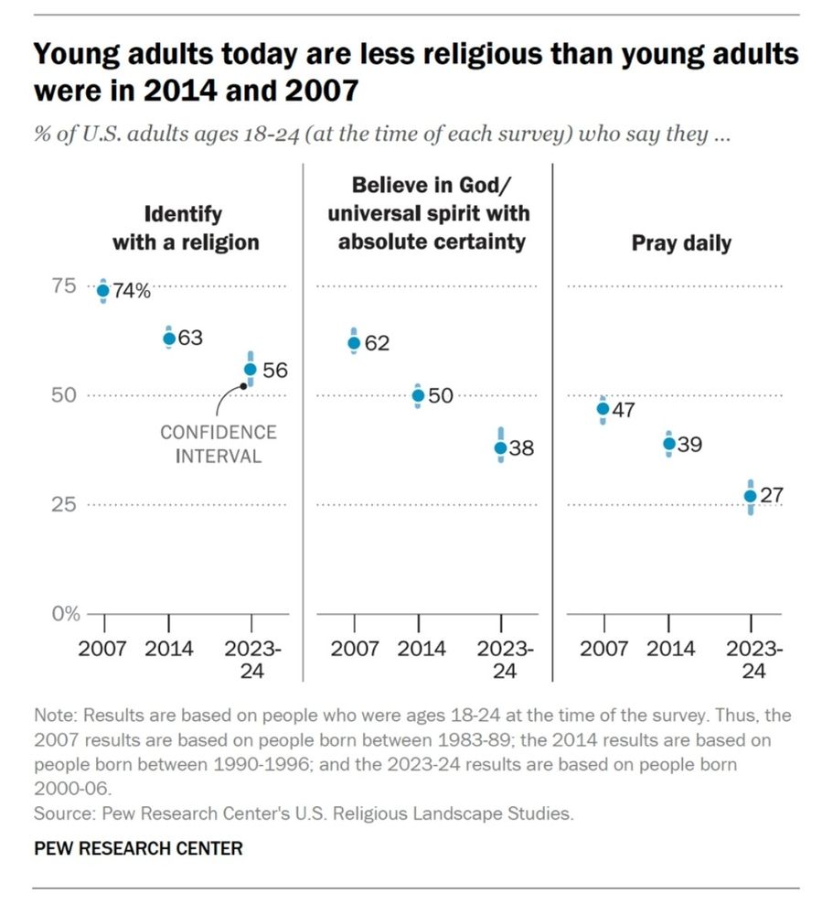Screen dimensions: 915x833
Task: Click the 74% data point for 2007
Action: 103,291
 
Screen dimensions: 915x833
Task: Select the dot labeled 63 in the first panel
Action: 168,339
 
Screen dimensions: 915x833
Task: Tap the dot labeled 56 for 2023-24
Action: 251,370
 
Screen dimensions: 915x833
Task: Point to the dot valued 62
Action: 354,343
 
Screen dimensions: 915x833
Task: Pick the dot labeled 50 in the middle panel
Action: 418,396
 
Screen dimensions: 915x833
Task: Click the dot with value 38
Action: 500,448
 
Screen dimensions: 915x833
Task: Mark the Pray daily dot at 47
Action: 603,409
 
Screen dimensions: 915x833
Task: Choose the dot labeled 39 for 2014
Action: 668,443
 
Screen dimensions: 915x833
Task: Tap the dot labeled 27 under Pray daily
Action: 750,496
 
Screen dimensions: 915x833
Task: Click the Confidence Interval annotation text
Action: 219,444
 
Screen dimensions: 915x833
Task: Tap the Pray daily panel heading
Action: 682,242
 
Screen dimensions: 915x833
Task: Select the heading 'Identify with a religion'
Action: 186,229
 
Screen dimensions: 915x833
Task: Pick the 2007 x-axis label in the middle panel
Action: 354,649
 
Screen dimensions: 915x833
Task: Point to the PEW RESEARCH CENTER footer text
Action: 138,848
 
